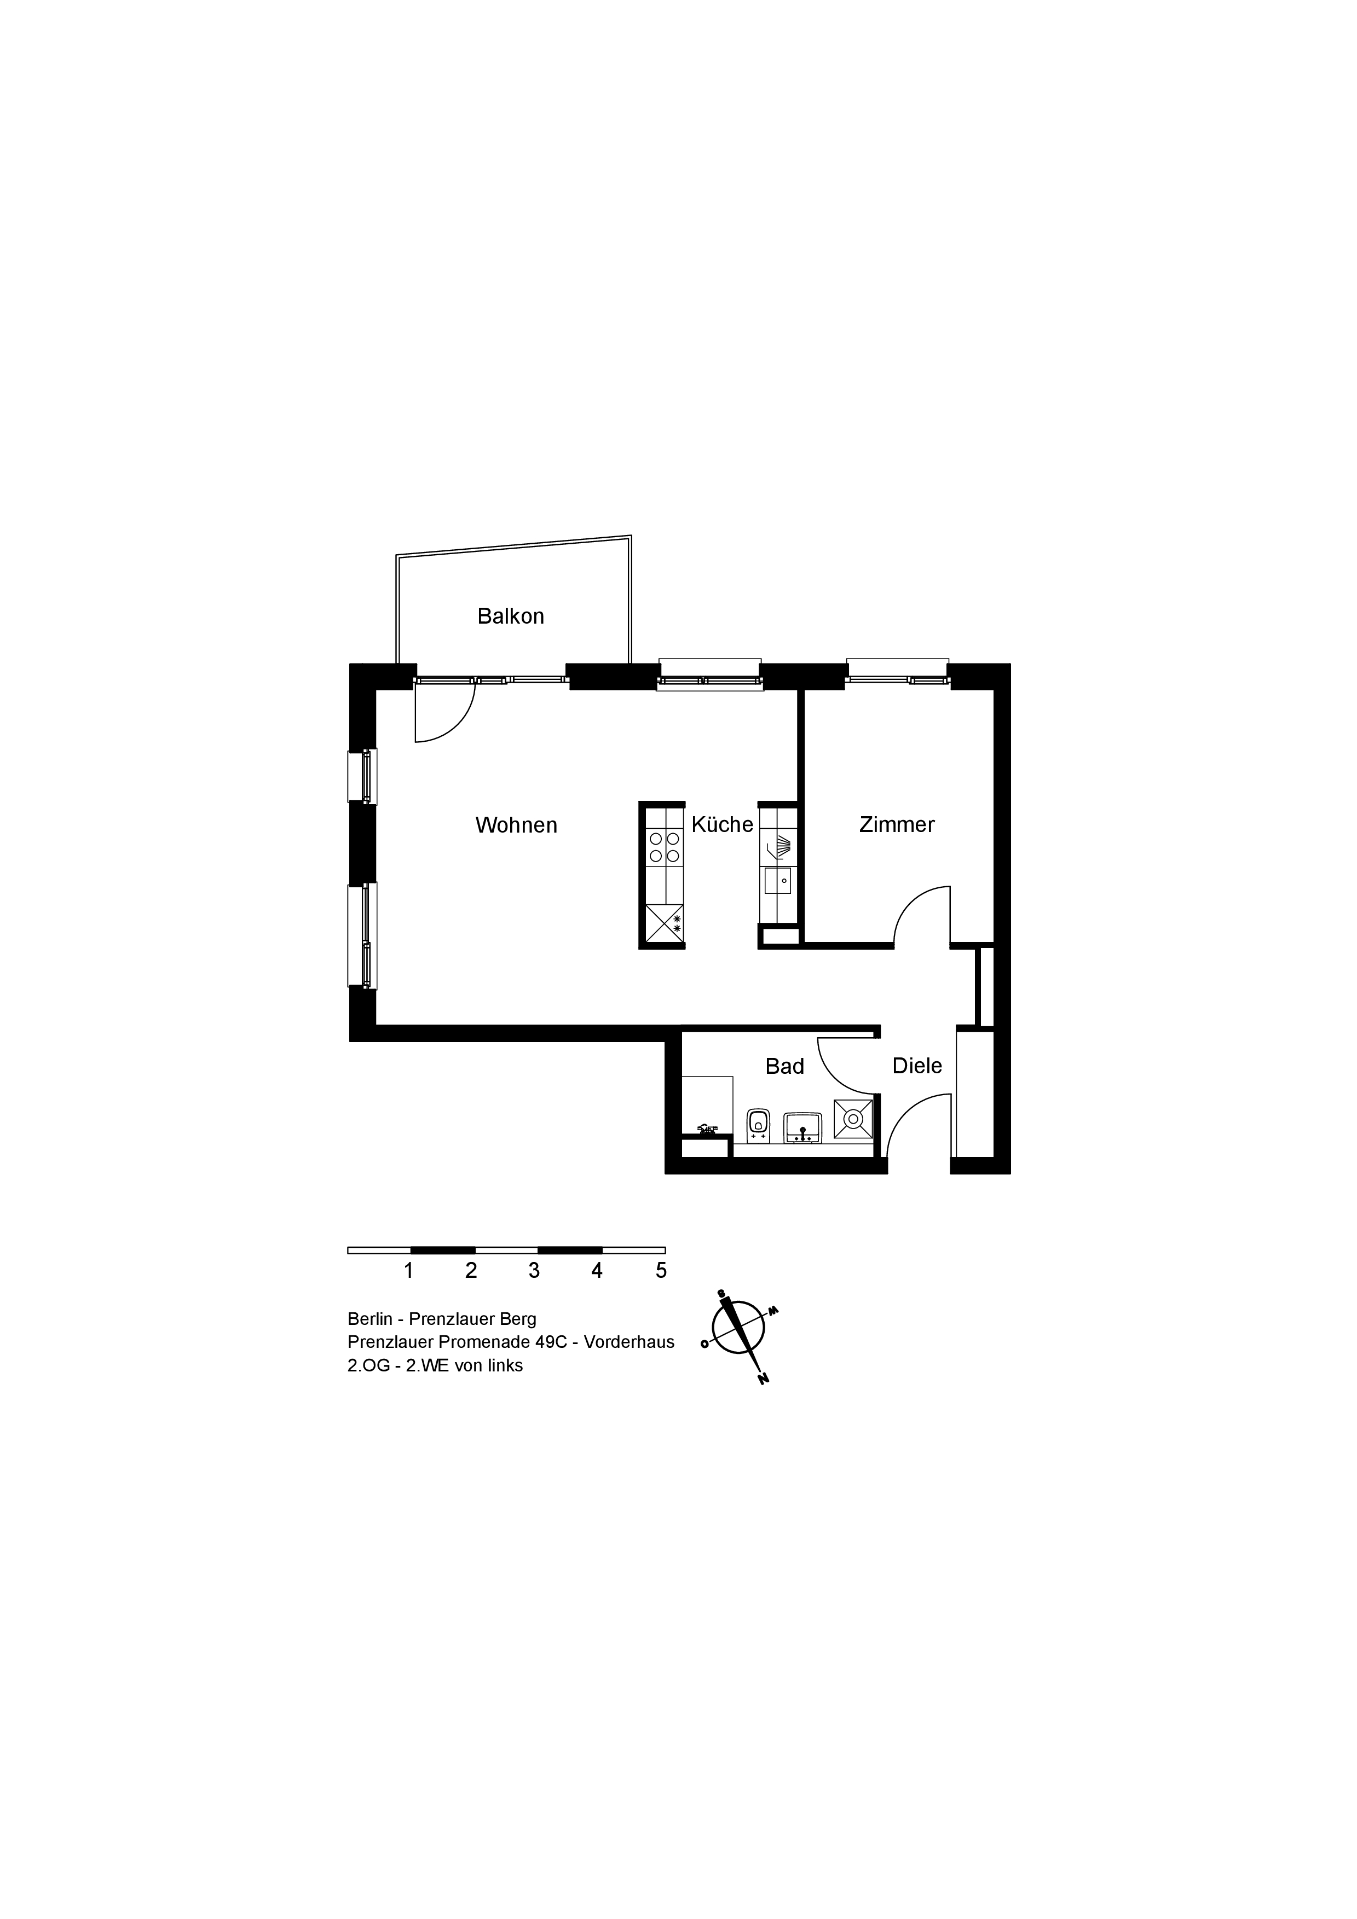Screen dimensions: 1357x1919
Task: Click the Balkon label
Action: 510,616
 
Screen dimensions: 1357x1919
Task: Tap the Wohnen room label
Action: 516,825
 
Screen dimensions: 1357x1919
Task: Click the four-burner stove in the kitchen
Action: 665,847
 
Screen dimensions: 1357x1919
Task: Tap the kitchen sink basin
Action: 777,881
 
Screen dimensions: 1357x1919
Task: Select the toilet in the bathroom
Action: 758,1125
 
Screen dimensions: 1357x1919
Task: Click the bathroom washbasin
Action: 802,1127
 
